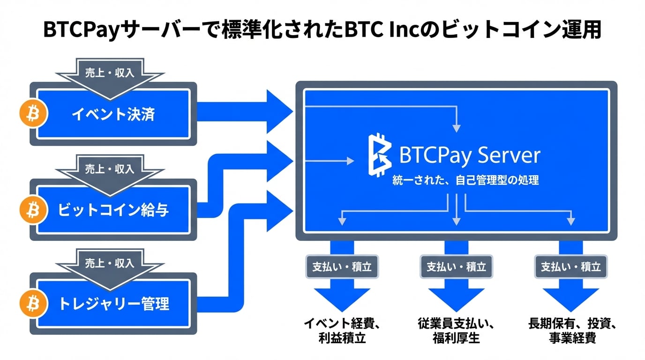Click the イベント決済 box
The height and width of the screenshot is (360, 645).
tap(113, 114)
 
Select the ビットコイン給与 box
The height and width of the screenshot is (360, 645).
tap(113, 210)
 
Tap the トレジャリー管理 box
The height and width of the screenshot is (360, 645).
tap(113, 304)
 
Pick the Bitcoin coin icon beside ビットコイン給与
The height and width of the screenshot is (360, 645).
tap(33, 210)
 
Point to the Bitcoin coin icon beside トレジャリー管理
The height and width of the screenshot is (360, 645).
tap(33, 304)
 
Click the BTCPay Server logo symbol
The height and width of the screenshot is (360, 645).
tap(380, 155)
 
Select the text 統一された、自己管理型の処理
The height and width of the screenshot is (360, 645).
tap(465, 180)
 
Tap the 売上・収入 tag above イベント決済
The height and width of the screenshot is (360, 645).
tap(109, 73)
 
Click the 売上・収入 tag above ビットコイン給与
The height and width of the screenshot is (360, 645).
tap(109, 169)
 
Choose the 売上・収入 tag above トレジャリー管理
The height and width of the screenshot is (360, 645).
tap(109, 263)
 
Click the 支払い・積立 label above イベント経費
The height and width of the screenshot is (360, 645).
tap(342, 267)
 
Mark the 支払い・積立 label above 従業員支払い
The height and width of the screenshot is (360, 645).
tap(456, 267)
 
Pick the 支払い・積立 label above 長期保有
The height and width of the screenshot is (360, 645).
tap(570, 267)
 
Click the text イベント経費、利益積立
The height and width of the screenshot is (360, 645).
tap(342, 330)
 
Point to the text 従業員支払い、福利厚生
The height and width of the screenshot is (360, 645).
tap(456, 330)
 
